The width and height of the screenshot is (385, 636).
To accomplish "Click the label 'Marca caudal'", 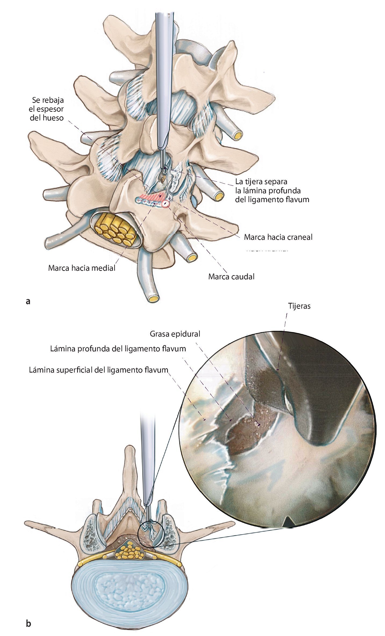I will (x=231, y=277).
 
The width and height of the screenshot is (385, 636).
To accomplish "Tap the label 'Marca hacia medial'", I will (x=82, y=268).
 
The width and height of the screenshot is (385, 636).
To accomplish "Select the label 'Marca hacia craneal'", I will (x=278, y=237).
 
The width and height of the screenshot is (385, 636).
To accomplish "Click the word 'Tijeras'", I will (x=299, y=306).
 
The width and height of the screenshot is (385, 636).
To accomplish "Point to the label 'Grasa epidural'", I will (x=175, y=334).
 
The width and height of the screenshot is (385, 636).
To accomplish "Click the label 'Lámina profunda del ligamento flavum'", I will (x=118, y=349).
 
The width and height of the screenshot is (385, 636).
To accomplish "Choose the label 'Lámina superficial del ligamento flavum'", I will (x=98, y=370).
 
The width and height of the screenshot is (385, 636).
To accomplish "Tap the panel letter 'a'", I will (x=28, y=301).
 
